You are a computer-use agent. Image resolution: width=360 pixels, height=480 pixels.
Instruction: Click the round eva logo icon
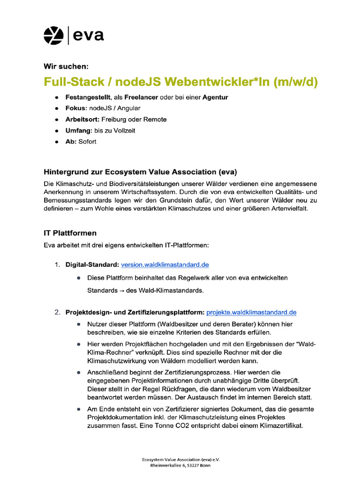(53, 36)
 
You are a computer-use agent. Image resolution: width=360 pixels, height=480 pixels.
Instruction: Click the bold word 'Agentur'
(215, 97)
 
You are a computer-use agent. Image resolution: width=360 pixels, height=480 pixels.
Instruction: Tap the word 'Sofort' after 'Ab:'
(87, 142)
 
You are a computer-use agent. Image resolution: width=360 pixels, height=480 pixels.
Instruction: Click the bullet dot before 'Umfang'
(57, 131)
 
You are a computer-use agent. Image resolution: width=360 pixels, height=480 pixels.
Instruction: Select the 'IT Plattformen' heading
(70, 233)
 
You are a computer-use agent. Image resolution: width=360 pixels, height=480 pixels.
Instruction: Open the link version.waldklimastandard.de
(165, 265)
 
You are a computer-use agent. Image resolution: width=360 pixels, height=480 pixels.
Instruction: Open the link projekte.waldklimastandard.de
(251, 312)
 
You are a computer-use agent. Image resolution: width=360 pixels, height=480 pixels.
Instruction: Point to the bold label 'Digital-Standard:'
(92, 265)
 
